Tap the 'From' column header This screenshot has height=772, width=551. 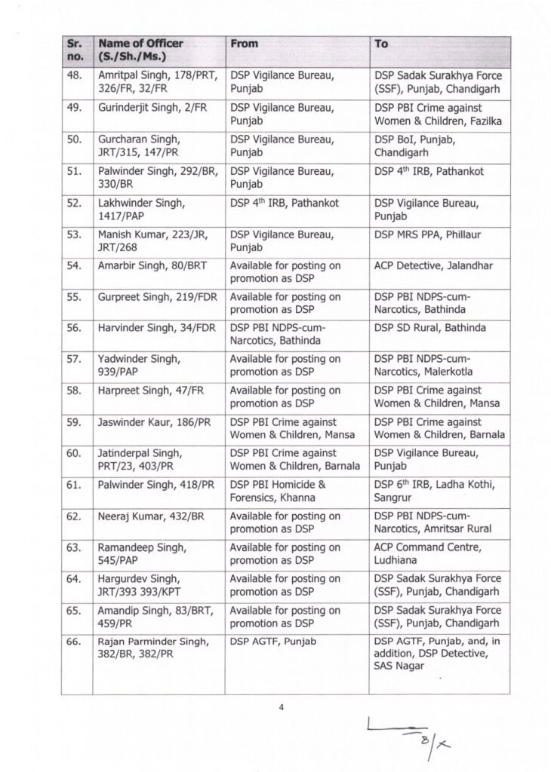(x=245, y=44)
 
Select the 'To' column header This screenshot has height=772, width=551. (x=382, y=44)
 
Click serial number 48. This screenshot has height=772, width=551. (x=74, y=76)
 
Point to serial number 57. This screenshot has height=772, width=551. (x=74, y=360)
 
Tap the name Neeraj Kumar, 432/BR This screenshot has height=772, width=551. (x=146, y=516)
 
